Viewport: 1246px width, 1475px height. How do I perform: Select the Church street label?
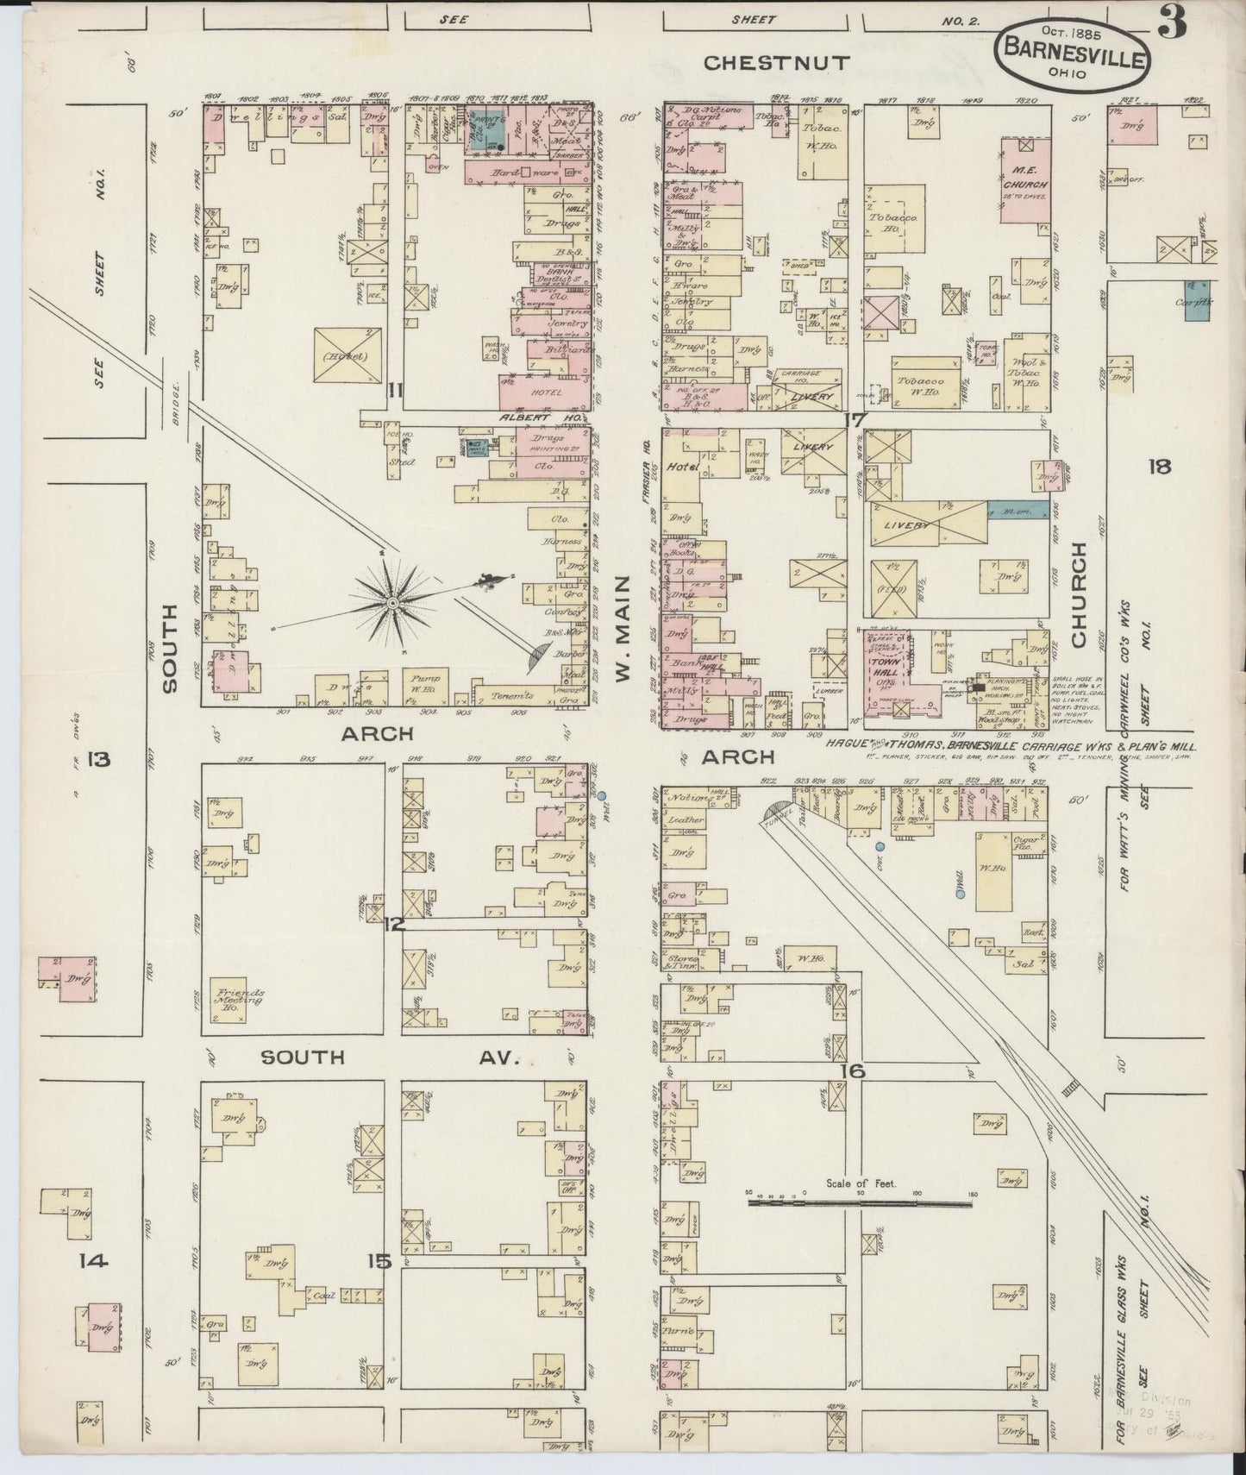pyautogui.click(x=1077, y=595)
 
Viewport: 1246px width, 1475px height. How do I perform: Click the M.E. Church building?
pyautogui.click(x=1025, y=185)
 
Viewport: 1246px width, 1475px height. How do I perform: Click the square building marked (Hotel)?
pyautogui.click(x=348, y=355)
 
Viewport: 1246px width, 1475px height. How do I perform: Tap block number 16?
pyautogui.click(x=854, y=1070)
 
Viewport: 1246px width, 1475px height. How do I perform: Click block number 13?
pyautogui.click(x=98, y=759)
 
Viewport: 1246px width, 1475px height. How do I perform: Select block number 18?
pyautogui.click(x=1159, y=467)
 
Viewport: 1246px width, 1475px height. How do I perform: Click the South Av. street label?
pyautogui.click(x=388, y=1057)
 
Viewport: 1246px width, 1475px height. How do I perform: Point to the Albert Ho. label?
pyautogui.click(x=527, y=417)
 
